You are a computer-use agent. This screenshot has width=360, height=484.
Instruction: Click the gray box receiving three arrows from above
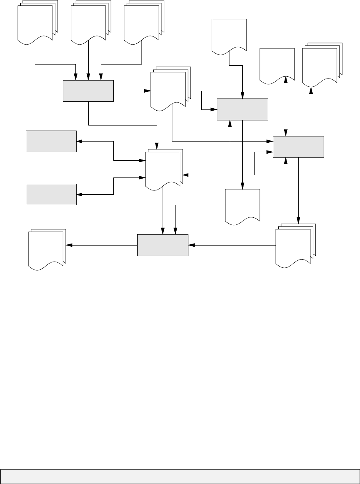pyautogui.click(x=88, y=91)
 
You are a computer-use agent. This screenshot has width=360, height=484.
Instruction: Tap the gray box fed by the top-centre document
pyautogui.click(x=242, y=109)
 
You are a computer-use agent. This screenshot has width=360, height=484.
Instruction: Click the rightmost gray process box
pyautogui.click(x=298, y=147)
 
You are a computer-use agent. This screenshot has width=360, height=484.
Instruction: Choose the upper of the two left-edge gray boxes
pyautogui.click(x=51, y=141)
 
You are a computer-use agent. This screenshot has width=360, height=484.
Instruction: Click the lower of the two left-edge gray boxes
pyautogui.click(x=51, y=194)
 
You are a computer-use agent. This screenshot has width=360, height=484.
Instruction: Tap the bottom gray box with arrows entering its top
pyautogui.click(x=163, y=245)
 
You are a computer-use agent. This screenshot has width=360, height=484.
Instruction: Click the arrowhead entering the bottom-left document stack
pyautogui.click(x=68, y=246)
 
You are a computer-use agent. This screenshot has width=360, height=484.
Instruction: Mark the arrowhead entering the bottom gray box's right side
pyautogui.click(x=191, y=246)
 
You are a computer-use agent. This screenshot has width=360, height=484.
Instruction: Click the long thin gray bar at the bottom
pyautogui.click(x=180, y=476)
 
